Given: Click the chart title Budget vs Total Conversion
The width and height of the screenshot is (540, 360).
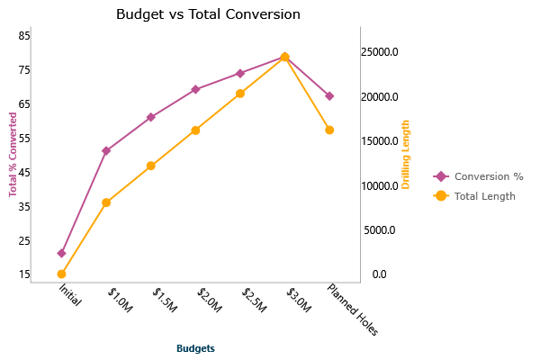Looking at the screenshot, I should pyautogui.click(x=208, y=14).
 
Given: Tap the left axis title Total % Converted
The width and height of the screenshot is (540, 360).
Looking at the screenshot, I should pyautogui.click(x=13, y=154).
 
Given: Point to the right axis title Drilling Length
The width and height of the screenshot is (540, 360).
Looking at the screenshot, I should pyautogui.click(x=405, y=154).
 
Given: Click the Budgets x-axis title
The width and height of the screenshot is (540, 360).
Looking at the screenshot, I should pyautogui.click(x=195, y=348).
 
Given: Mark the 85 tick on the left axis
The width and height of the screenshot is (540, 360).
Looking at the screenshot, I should pyautogui.click(x=24, y=35).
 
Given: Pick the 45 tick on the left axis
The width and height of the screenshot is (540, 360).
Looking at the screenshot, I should pyautogui.click(x=24, y=172).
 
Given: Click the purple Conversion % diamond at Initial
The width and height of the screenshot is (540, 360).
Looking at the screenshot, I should pyautogui.click(x=61, y=254).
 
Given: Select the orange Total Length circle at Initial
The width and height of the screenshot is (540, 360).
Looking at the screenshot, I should pyautogui.click(x=61, y=274).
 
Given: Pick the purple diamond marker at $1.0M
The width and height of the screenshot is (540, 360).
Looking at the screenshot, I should pyautogui.click(x=106, y=150).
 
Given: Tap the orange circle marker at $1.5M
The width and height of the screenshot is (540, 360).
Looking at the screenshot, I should pyautogui.click(x=151, y=166).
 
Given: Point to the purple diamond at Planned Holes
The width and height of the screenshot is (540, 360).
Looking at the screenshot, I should pyautogui.click(x=329, y=96).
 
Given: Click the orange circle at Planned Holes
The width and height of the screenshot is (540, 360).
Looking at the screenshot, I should pyautogui.click(x=329, y=130).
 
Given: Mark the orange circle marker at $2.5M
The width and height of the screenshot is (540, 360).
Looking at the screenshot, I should pyautogui.click(x=240, y=94).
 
